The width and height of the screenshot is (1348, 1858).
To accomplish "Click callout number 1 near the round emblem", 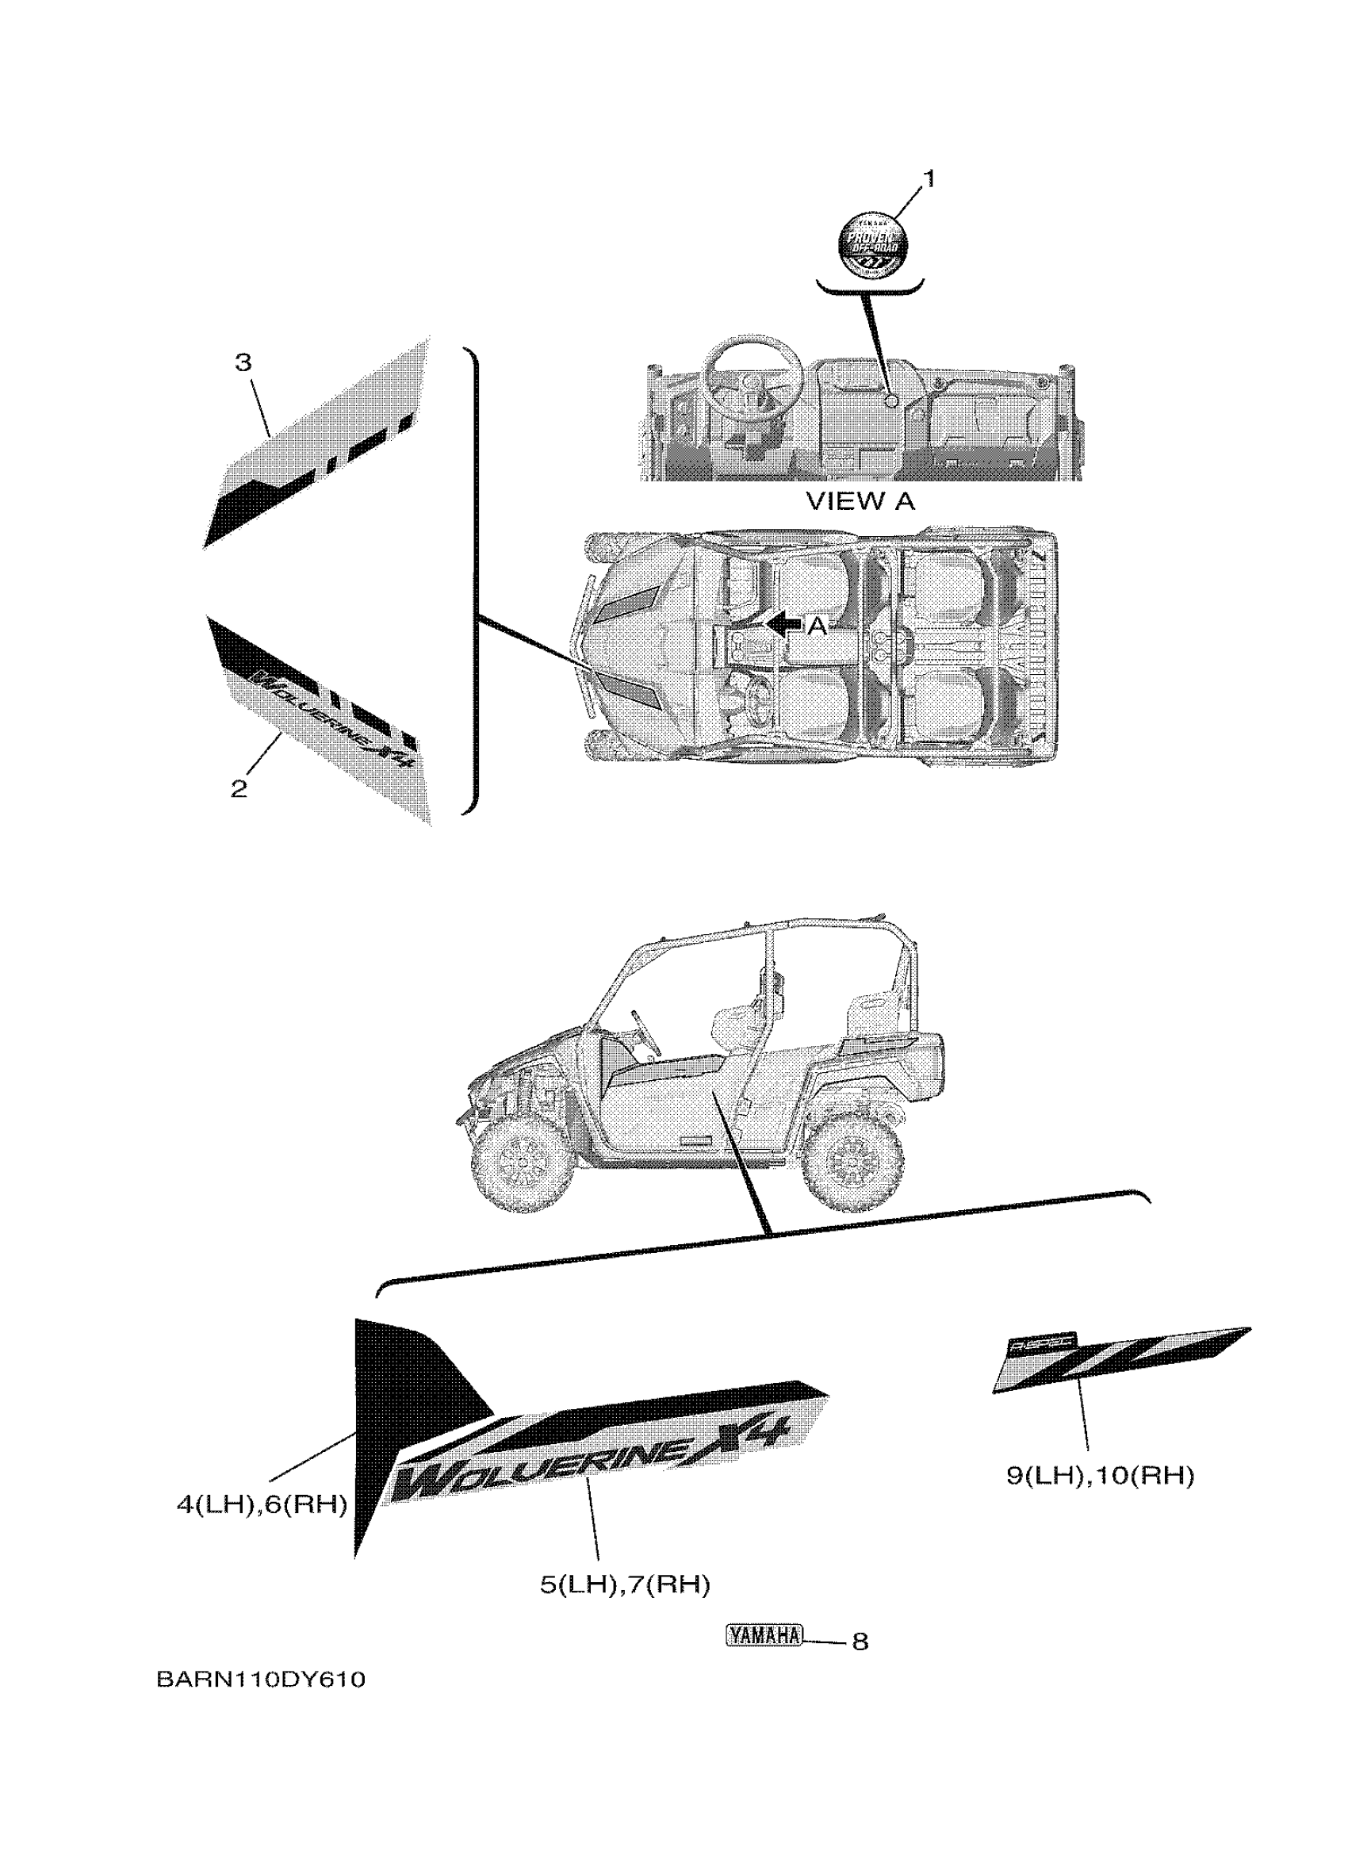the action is pos(928,178).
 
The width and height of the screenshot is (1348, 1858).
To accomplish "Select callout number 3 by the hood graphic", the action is pos(243,362).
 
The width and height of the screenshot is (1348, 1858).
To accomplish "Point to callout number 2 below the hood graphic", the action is pos(239,789).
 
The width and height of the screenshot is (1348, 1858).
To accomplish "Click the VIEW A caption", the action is pos(860,501).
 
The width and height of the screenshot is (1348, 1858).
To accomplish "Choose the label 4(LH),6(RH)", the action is pos(262,1504).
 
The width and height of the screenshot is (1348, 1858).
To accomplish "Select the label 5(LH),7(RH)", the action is pos(624,1585).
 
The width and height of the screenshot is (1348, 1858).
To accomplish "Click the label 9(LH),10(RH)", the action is pos(1100,1477).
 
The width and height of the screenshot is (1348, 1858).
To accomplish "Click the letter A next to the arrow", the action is pos(817,626).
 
